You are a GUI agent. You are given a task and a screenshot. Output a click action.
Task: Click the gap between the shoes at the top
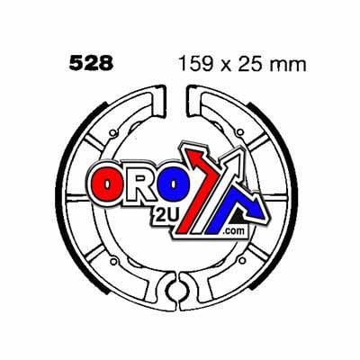180,99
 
